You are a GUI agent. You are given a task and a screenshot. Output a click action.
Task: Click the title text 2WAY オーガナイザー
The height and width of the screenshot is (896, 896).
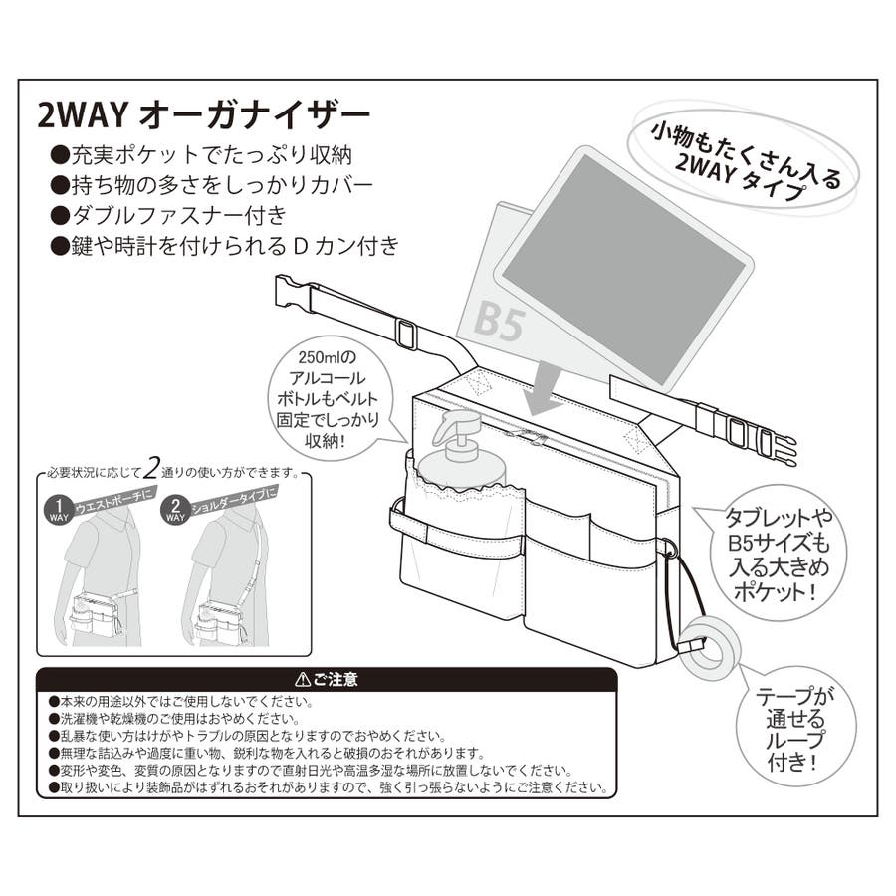[204, 115]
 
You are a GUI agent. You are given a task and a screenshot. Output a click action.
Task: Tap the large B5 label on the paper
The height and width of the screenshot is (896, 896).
[499, 323]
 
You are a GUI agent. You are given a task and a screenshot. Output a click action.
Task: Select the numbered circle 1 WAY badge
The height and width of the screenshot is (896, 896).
[59, 510]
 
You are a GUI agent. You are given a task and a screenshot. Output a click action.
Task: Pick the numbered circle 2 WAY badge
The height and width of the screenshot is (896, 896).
[175, 510]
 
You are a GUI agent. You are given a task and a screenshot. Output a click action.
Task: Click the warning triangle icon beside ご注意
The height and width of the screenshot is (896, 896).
[303, 679]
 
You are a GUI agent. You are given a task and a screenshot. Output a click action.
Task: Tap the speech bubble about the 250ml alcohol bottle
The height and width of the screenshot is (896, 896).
[331, 399]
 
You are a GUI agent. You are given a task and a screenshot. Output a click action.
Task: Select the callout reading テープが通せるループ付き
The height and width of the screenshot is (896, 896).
[795, 728]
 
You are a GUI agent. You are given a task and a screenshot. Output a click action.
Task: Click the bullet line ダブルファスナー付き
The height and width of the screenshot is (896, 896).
[168, 215]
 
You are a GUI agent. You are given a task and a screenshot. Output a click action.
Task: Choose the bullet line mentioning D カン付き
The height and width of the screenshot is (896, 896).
[225, 246]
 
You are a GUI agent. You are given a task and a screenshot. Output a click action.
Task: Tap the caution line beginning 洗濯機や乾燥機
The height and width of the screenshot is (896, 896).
[174, 719]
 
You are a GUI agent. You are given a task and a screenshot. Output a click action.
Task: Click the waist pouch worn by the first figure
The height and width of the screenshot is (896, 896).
[95, 614]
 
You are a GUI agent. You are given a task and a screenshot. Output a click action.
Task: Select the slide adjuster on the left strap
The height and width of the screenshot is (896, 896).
[406, 334]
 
